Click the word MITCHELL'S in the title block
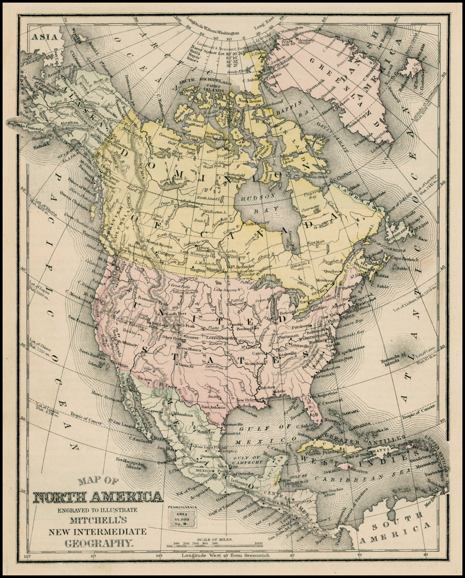(x=99, y=520)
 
